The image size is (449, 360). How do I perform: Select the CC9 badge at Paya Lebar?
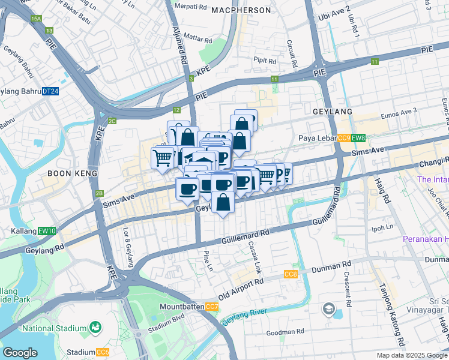[x=344, y=139]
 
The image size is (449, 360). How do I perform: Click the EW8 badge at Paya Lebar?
[x=358, y=139]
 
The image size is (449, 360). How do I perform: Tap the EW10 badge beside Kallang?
[x=49, y=231]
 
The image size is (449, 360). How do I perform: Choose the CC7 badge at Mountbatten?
[x=212, y=307]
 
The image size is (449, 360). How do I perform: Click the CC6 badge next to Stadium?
[x=103, y=352]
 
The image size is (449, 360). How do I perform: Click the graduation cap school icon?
[x=328, y=309]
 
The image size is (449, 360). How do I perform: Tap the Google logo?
[x=20, y=353]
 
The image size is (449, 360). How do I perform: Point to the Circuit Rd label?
[x=292, y=54]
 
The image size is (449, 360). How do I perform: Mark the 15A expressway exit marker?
[x=36, y=20]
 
